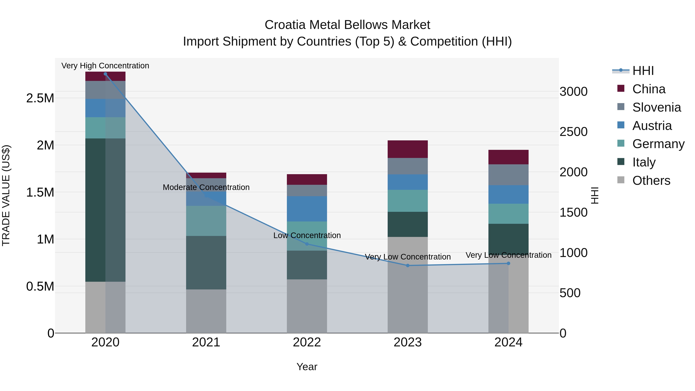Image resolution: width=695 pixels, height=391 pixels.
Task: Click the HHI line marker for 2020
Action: coord(105,74)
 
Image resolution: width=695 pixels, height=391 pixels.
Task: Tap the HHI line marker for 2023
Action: coord(408,265)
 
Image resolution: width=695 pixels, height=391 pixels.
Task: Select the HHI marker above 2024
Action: coord(508,263)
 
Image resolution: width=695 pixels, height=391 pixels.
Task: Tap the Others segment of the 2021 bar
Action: coord(206,311)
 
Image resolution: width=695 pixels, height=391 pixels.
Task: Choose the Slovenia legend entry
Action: coord(656,107)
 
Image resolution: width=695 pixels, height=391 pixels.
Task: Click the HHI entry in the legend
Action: coord(643,71)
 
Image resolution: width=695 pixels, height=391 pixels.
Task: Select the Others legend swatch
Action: coord(621,180)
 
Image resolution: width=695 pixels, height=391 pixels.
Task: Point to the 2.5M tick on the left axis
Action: coord(40,98)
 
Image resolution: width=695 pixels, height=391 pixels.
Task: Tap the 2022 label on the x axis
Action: coord(307,342)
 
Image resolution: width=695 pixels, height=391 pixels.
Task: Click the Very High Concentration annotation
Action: coord(105,66)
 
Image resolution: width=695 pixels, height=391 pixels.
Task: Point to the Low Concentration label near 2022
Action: coord(307,235)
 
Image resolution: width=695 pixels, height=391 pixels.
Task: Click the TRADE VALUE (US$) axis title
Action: coord(6,195)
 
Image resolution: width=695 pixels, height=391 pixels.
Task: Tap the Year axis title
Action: coord(307,367)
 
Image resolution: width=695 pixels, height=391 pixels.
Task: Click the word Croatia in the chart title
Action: coord(285,25)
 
